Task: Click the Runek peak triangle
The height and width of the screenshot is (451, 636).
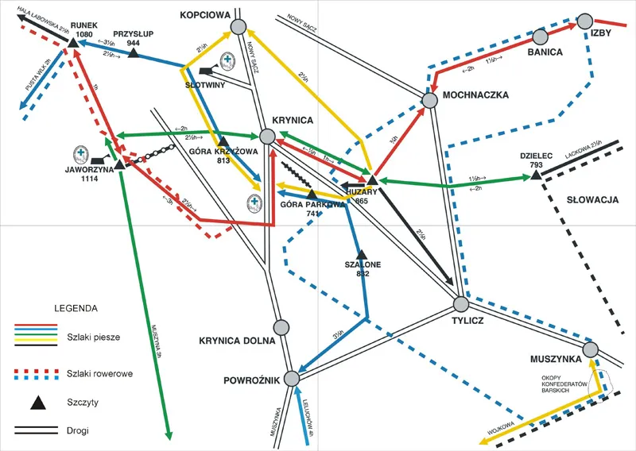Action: point(72,43)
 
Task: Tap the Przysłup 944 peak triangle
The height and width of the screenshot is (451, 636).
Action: point(134,53)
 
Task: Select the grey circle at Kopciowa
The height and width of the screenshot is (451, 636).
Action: point(238,28)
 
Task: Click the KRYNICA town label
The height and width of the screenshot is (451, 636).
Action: point(293,119)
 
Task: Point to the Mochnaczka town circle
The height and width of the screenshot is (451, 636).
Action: point(429,100)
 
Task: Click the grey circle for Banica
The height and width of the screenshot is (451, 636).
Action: point(540,37)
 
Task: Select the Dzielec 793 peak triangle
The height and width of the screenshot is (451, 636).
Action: point(537,173)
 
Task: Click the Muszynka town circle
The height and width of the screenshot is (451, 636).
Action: point(590,349)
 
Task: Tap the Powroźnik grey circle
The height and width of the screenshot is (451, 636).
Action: point(293,377)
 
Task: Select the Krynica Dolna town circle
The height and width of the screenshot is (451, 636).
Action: point(280,327)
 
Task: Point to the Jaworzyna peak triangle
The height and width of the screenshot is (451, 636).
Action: point(118,165)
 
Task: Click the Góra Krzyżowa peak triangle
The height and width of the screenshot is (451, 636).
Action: point(223,141)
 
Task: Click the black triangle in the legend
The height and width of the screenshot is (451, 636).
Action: point(37,403)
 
